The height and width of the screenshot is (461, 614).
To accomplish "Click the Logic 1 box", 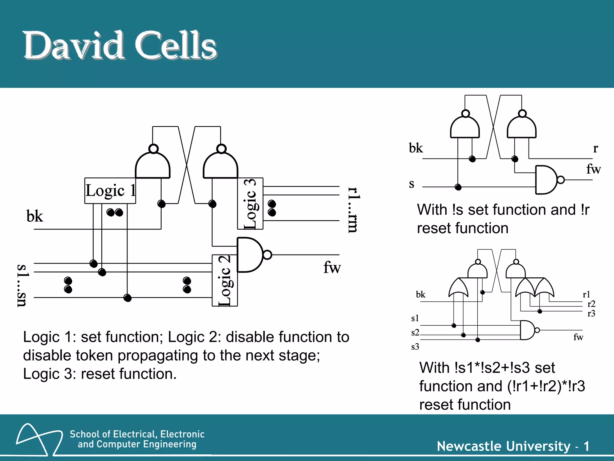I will click(x=110, y=191).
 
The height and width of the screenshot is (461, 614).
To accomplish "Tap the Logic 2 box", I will click(x=225, y=280).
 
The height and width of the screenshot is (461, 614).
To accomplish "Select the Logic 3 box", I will click(x=250, y=203).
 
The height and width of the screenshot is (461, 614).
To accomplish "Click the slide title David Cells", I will click(x=120, y=46).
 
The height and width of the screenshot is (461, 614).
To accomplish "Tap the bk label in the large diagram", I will click(x=35, y=216).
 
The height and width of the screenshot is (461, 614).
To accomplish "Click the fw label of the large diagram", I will click(x=332, y=267).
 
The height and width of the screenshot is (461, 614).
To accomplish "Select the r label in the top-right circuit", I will click(x=595, y=148).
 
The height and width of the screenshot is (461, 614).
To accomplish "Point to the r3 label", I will click(x=591, y=314).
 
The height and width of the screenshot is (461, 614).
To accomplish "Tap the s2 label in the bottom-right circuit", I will click(x=415, y=332).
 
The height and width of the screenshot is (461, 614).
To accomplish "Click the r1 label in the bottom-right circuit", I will click(x=586, y=294).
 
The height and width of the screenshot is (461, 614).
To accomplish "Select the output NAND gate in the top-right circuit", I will click(x=547, y=180).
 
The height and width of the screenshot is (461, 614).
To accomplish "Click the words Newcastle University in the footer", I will click(x=504, y=446).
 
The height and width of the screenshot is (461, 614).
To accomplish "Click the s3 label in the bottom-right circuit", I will click(x=415, y=347).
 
